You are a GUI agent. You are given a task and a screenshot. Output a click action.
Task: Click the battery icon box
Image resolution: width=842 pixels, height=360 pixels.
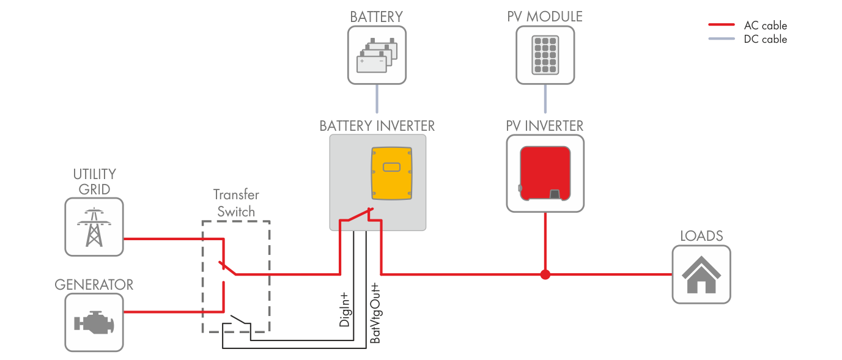[x=377, y=55]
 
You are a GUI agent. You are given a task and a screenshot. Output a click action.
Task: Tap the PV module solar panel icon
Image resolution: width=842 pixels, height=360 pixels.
[x=545, y=55]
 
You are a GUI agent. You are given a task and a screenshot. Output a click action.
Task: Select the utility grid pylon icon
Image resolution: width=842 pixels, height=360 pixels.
[x=94, y=227]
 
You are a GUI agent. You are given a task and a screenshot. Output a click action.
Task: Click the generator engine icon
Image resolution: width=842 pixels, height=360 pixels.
[x=94, y=322]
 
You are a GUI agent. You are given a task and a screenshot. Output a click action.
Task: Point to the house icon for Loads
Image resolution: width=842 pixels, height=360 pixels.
[x=701, y=274]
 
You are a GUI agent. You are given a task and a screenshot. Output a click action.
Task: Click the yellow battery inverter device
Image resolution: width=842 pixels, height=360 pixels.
[x=390, y=172]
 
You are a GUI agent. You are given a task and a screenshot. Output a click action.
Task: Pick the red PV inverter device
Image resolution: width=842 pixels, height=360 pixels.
[x=545, y=173]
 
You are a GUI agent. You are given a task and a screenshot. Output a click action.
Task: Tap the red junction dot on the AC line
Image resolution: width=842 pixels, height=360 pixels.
[x=545, y=274]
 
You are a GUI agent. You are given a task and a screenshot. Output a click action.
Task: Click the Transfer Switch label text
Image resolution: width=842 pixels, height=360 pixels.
[x=236, y=203]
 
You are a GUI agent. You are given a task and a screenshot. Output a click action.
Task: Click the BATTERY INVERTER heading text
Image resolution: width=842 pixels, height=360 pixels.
[x=377, y=125]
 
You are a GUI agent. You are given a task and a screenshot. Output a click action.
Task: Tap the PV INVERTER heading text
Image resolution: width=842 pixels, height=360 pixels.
[x=545, y=125]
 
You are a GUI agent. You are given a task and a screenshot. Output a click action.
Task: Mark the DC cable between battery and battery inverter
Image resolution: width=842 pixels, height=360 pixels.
[x=377, y=99]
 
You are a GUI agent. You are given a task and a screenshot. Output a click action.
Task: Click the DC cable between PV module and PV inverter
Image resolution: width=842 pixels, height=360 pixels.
[x=545, y=99]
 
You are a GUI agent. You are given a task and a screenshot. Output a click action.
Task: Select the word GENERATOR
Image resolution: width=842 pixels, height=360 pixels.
[x=94, y=285]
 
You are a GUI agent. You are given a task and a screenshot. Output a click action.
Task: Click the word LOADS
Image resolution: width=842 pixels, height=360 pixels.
[x=701, y=236]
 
